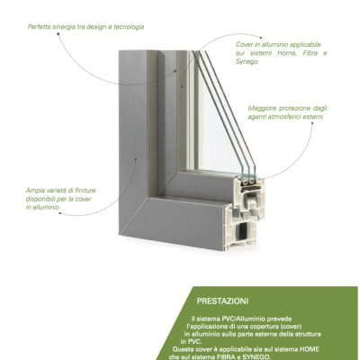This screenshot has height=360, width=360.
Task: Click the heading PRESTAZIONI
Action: pos(222,301)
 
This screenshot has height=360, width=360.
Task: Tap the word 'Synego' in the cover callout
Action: pos(247,62)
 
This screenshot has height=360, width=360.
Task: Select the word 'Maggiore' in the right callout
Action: pos(261,108)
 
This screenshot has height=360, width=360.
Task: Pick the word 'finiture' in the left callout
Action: pos(85,191)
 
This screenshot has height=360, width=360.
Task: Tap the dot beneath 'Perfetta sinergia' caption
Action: pos(58,33)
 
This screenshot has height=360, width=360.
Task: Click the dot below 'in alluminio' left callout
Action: pos(59,213)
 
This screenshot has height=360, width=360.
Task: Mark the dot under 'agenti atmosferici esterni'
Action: pos(312,122)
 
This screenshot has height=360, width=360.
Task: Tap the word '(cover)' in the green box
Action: pos(291,326)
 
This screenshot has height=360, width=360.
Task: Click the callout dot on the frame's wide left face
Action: pos(136,159)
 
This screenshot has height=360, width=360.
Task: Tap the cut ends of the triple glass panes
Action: pos(248,181)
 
